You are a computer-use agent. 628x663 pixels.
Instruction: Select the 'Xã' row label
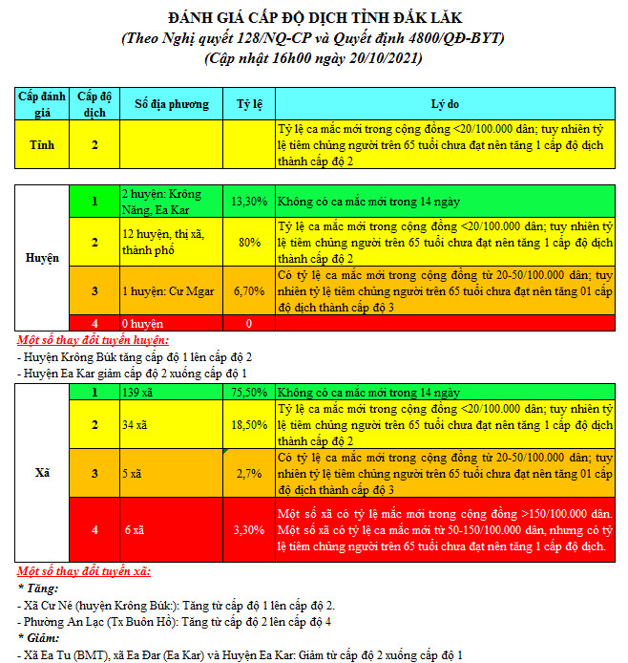click(x=42, y=473)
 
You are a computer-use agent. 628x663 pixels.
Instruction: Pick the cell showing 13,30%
click(x=249, y=203)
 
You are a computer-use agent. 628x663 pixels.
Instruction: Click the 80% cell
click(x=249, y=243)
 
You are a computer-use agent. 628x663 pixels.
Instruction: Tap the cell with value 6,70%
click(x=249, y=290)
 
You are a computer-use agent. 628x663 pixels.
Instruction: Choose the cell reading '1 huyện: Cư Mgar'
click(x=168, y=290)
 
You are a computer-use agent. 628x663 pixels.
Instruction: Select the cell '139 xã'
click(x=139, y=393)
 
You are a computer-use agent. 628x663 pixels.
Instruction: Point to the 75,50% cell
click(x=249, y=393)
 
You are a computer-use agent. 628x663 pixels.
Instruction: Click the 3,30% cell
click(x=249, y=529)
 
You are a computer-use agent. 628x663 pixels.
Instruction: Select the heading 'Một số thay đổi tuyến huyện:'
click(x=94, y=340)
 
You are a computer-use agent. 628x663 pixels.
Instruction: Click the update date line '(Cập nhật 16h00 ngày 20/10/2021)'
click(x=314, y=58)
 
